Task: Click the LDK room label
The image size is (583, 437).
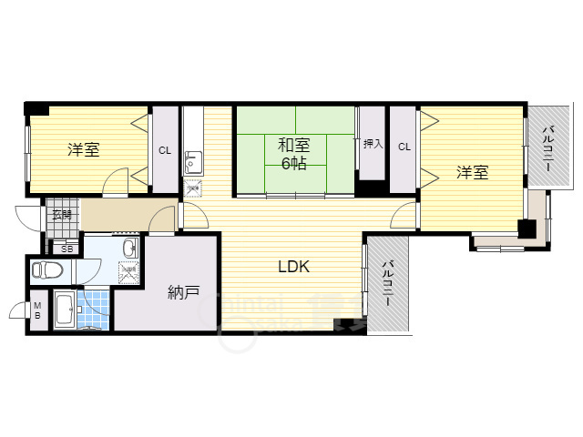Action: tap(294, 267)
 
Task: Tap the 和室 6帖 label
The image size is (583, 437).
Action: tap(292, 153)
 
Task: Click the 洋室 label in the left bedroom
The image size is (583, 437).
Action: tap(83, 150)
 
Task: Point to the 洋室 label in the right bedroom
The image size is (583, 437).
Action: tap(472, 171)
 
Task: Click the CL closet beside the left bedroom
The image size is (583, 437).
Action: tap(165, 150)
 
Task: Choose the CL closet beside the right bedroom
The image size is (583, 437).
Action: tap(404, 147)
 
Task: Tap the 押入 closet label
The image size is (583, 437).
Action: tap(373, 144)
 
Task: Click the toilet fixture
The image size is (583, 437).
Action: tap(46, 269)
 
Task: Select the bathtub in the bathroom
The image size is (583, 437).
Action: tap(66, 311)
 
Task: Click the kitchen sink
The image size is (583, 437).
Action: tap(193, 164)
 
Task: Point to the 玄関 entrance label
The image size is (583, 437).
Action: tap(62, 216)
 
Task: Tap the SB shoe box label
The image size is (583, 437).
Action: tap(66, 248)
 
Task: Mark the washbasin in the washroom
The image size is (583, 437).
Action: tap(129, 249)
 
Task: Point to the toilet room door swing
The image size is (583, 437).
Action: tap(89, 269)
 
